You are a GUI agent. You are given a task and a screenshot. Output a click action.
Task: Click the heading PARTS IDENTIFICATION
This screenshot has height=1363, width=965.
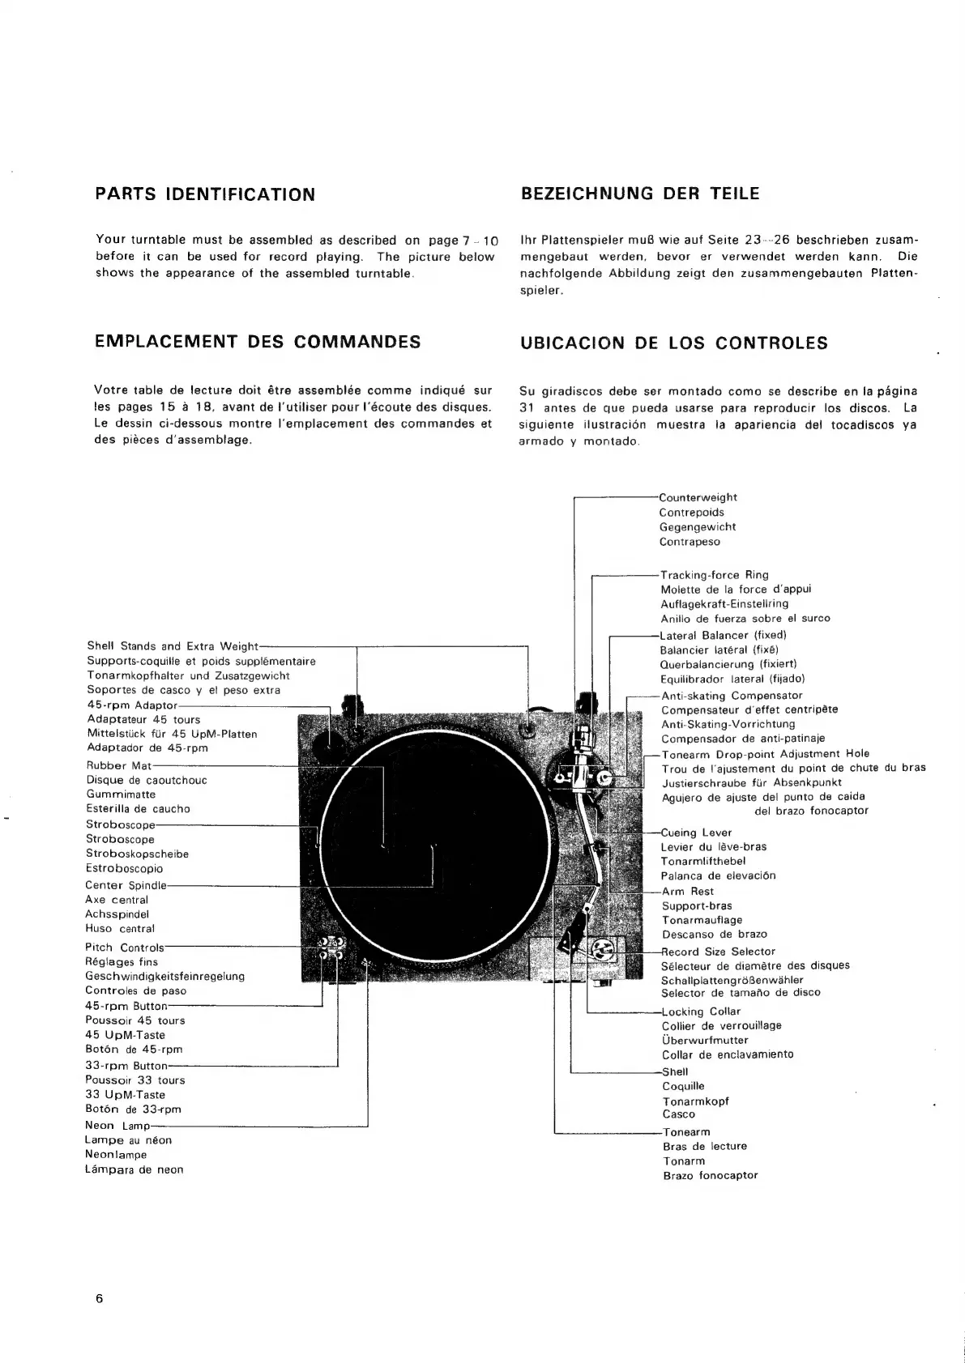pos(205,194)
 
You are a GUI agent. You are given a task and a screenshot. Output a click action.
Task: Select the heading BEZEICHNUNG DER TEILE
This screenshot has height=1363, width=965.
pos(640,194)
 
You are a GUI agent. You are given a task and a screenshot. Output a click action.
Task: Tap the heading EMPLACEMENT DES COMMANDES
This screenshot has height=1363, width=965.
pos(258,342)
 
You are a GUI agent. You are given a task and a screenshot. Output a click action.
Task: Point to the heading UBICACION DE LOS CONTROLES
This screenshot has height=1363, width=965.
pos(674,343)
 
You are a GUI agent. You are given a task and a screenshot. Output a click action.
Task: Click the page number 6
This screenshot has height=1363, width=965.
pos(100,1298)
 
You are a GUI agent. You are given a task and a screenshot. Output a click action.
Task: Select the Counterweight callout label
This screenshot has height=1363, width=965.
pos(698,497)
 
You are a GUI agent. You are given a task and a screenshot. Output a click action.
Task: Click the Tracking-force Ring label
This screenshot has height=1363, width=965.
pos(715,575)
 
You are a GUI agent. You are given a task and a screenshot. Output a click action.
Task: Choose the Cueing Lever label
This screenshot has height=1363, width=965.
pos(697,833)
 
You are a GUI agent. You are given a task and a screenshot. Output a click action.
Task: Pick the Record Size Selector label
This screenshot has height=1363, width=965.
pos(719,952)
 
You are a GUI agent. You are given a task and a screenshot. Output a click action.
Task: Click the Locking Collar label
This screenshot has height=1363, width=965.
pos(702,1012)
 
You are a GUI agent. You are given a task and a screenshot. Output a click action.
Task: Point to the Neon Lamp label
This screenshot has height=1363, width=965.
pos(117,1126)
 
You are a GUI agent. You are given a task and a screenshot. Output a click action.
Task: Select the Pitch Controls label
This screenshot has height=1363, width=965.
pos(125,948)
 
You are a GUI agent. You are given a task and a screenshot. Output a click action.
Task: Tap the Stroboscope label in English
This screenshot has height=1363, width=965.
pos(120,825)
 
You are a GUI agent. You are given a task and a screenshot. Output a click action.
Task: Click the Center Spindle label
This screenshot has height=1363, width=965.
pos(126,885)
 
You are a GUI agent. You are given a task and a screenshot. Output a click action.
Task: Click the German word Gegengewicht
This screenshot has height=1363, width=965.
pos(698,527)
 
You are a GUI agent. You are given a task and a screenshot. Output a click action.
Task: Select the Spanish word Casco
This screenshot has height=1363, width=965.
pos(679,1114)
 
